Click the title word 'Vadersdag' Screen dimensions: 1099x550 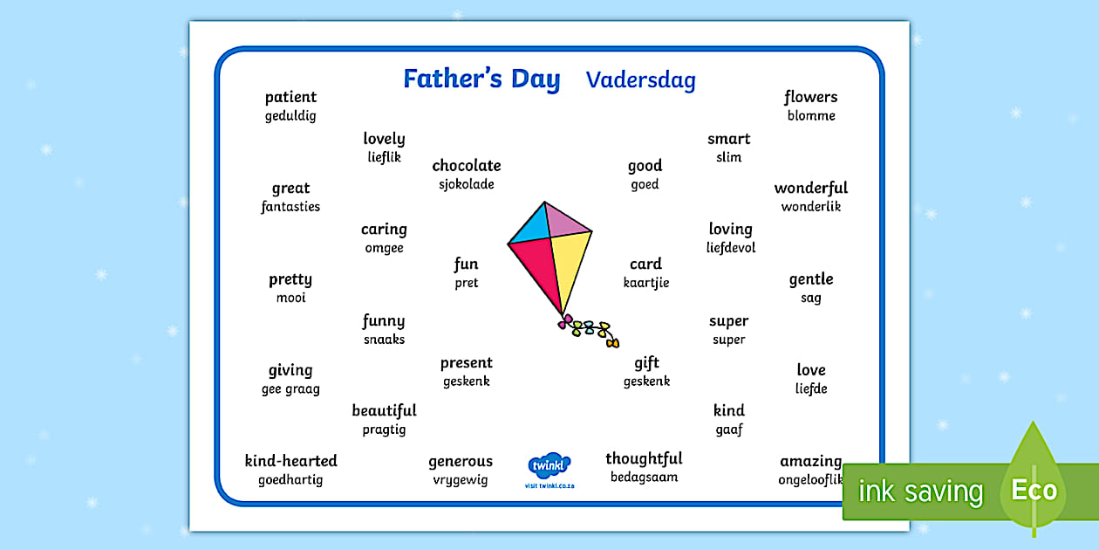[x=641, y=80]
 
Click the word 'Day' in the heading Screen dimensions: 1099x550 [x=536, y=79]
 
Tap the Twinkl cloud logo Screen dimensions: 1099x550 [x=549, y=464]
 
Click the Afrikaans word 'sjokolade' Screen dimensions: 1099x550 [x=466, y=185]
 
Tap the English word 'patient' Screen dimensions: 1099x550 [x=290, y=97]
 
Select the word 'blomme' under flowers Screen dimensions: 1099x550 [x=811, y=116]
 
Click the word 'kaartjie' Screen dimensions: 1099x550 [x=646, y=283]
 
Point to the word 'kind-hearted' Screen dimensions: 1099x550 [x=291, y=461]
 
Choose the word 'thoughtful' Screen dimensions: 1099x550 [x=644, y=458]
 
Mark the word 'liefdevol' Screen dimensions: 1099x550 [x=731, y=248]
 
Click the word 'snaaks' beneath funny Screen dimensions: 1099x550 [x=384, y=340]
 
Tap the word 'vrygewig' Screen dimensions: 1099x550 [x=461, y=480]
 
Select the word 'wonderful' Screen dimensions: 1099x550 [x=811, y=188]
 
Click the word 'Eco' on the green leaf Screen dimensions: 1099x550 [x=1034, y=490]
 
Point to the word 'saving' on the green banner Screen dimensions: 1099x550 [x=944, y=492]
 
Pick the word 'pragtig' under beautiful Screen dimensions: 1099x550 [x=384, y=430]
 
